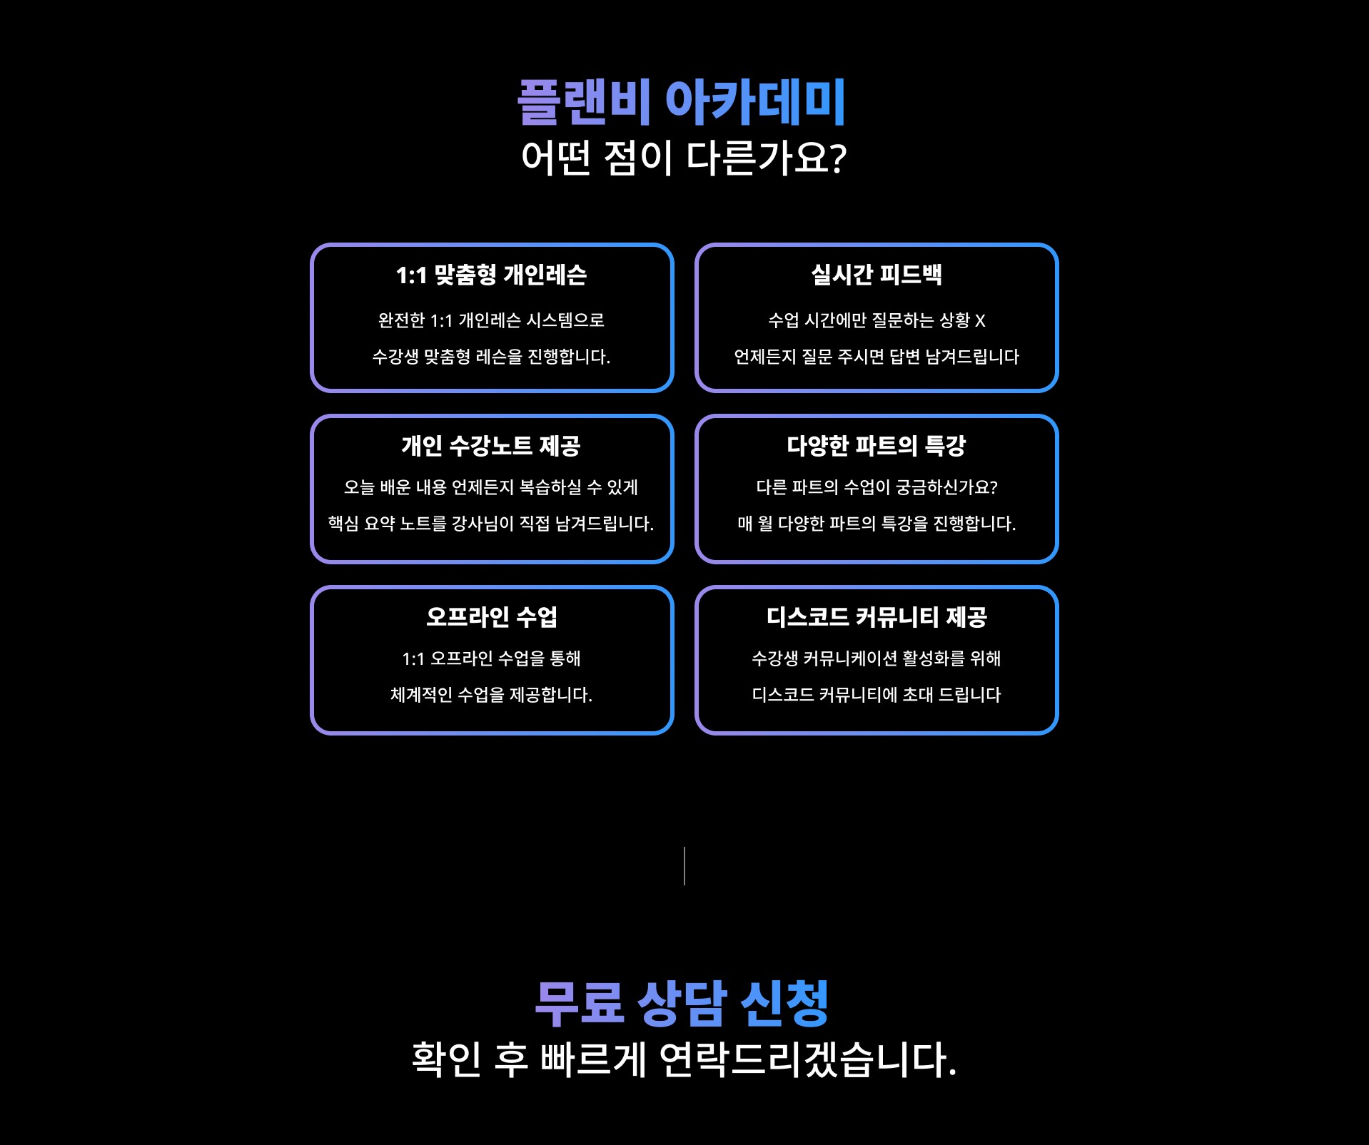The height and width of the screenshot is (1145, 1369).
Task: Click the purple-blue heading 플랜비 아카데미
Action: [682, 102]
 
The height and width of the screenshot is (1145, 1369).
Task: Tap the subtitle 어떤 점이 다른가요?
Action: [683, 158]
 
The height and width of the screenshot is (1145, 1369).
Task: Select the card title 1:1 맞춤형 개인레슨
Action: [491, 275]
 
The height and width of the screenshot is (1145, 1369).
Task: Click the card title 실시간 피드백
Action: [876, 275]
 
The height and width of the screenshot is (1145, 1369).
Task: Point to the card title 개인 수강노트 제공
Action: [491, 447]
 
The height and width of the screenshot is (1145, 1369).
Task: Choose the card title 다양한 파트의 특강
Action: [876, 446]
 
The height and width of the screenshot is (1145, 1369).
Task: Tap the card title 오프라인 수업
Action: [491, 617]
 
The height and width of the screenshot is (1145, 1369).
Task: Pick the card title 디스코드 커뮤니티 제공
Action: [876, 617]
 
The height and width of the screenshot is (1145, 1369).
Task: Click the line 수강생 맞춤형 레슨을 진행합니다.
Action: [491, 357]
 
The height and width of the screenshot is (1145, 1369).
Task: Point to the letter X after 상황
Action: [980, 321]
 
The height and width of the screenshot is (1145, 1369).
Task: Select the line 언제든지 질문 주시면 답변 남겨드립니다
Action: [876, 357]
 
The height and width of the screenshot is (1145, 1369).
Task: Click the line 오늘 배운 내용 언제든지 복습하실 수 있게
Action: [491, 487]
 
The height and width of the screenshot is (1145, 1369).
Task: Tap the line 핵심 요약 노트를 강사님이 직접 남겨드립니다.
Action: [491, 524]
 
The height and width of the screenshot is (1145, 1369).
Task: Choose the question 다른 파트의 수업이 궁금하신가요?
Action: [876, 487]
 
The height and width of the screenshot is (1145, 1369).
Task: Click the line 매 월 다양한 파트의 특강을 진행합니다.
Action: [876, 524]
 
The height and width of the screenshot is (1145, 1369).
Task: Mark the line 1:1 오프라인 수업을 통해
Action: [491, 658]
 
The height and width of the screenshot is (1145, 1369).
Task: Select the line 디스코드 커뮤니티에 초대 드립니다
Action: [876, 695]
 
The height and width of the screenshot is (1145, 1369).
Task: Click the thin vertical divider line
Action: [684, 866]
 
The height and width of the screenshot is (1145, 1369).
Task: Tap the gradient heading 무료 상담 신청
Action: [682, 1004]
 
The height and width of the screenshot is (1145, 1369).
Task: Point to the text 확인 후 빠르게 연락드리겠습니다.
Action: [683, 1060]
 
